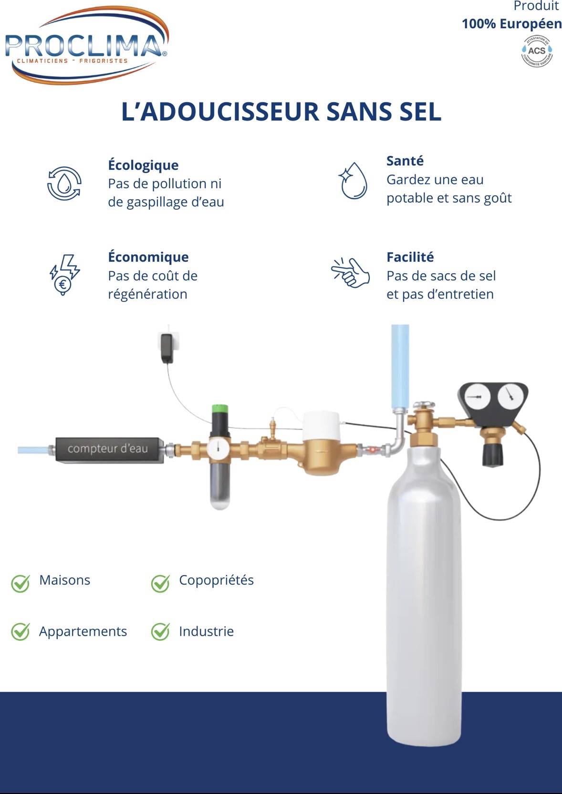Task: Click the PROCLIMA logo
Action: pos(87,45)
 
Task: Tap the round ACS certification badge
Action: pos(536,51)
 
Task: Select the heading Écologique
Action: pos(143,165)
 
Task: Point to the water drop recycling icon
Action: pos(64,183)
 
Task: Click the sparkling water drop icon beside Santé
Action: pos(353,180)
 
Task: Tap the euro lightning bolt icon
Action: pos(64,275)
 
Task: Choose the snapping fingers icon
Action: pos(350,272)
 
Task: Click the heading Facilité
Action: pos(410,257)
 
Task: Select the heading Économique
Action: pos(148,258)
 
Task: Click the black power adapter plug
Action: pos(167,348)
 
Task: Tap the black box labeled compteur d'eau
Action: pos(110,449)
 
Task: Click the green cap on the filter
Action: pos(220,409)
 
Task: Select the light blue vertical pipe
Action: pos(400,366)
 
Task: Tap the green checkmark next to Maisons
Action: pos(20,583)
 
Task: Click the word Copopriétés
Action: pos(216,580)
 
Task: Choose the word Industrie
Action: pos(207,631)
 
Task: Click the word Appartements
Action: pos(83,632)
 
